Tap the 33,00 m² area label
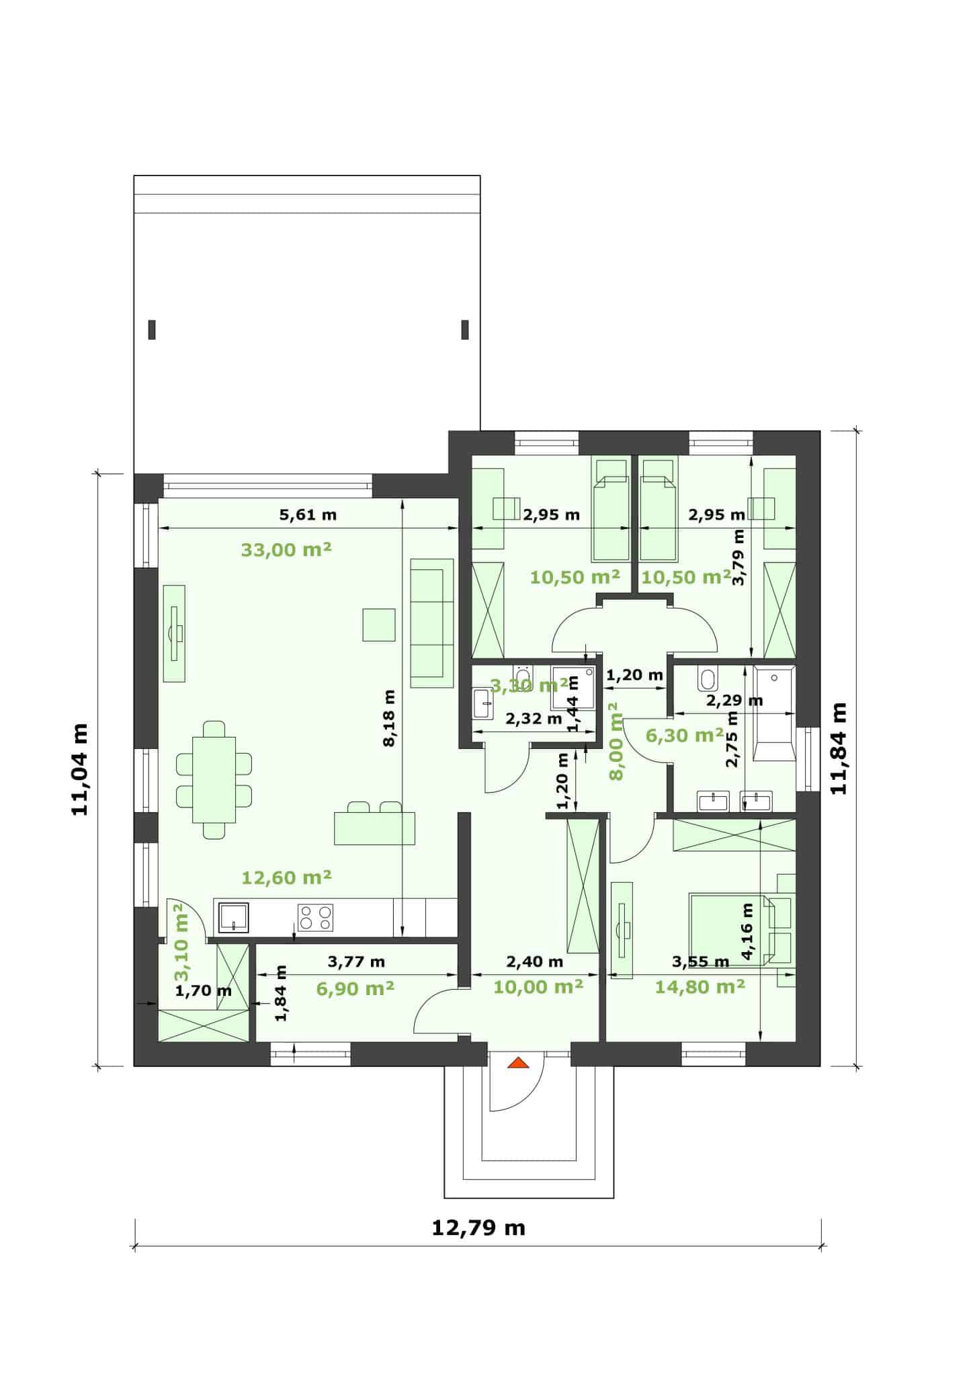pyautogui.click(x=286, y=550)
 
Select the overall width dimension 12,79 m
pyautogui.click(x=478, y=1228)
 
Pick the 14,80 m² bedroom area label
pyautogui.click(x=700, y=986)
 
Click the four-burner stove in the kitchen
pyautogui.click(x=315, y=917)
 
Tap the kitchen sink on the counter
pyautogui.click(x=232, y=917)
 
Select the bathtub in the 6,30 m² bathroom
pyautogui.click(x=775, y=713)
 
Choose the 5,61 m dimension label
pyautogui.click(x=308, y=516)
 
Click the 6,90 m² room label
pyautogui.click(x=355, y=988)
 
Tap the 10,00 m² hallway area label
pyautogui.click(x=538, y=986)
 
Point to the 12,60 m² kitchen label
pyautogui.click(x=286, y=877)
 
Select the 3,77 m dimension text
pyautogui.click(x=356, y=961)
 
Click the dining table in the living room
pyautogui.click(x=214, y=780)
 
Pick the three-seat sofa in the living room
pyautogui.click(x=431, y=623)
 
